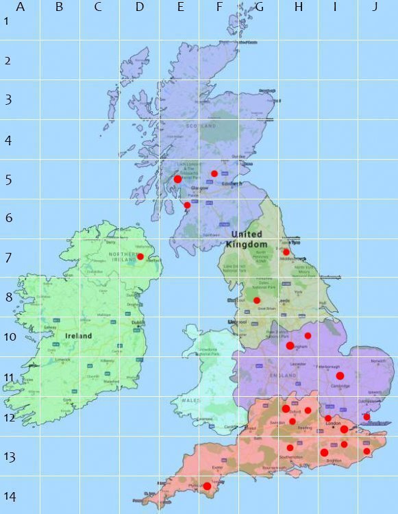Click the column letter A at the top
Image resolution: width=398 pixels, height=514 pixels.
(x=20, y=8)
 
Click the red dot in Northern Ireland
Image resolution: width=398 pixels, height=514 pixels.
(x=140, y=257)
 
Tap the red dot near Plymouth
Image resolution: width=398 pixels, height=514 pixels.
(x=207, y=486)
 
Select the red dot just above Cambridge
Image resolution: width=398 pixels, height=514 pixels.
(x=340, y=376)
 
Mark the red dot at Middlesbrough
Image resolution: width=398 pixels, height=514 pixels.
(x=286, y=252)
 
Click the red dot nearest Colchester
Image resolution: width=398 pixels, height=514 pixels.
(x=366, y=417)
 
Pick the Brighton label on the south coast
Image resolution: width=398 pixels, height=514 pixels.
(x=334, y=461)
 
